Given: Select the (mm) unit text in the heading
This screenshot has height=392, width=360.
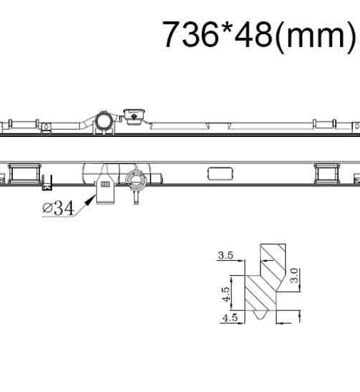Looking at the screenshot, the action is coord(316,36).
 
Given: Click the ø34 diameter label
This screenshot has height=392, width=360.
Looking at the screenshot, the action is coord(59,208).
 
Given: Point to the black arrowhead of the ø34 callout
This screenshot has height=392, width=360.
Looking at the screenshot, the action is coord(90,200).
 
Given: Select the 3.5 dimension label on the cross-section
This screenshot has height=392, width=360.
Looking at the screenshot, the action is coord(226,255).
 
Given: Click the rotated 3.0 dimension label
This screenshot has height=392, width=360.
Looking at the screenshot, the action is coord(294,276).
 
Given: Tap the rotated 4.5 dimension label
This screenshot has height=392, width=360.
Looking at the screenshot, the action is coord(226,294).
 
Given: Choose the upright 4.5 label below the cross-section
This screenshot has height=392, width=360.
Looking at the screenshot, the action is coord(230,317).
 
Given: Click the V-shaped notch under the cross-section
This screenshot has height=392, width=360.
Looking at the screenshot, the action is coord(261,314).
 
